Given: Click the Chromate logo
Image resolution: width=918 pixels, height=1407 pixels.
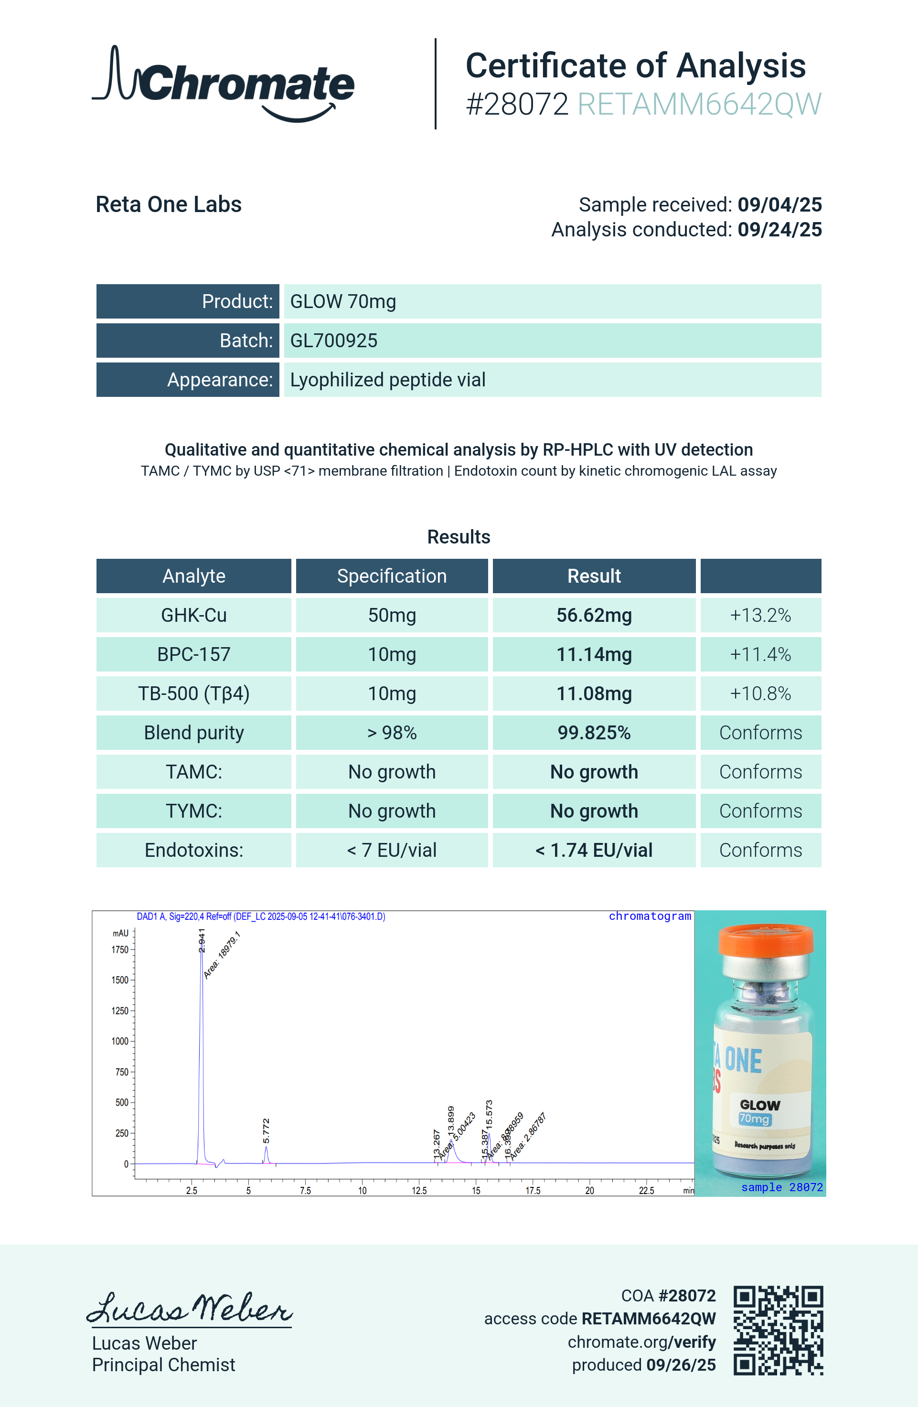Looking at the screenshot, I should pos(224,84).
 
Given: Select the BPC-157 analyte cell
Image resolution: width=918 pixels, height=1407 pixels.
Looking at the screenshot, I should pos(194,654).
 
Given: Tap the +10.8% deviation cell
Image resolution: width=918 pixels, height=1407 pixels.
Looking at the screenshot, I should pos(760,693).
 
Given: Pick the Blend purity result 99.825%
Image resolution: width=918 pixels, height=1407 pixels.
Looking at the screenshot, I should pos(594,733).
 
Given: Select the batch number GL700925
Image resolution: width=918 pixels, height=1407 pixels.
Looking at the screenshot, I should pos(333,341).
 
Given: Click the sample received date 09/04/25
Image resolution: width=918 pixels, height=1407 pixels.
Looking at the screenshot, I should pos(779,204).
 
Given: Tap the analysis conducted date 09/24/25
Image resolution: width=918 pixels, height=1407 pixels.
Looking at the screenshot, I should pos(779,229).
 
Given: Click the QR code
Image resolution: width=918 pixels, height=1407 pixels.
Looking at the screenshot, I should pos(778,1331).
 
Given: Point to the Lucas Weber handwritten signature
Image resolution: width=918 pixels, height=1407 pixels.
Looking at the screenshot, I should pos(189,1308).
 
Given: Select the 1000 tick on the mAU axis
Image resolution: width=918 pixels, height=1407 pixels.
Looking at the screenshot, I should pos(120,1041).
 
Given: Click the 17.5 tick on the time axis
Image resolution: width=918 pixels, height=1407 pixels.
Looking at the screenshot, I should pos(533,1190).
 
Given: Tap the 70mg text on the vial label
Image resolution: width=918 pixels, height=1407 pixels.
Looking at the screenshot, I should pos(754,1119).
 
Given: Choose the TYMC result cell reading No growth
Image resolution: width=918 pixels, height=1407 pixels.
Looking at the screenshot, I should pos(594,810).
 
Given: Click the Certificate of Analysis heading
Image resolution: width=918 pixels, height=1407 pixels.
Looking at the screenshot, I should pos(635,65).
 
